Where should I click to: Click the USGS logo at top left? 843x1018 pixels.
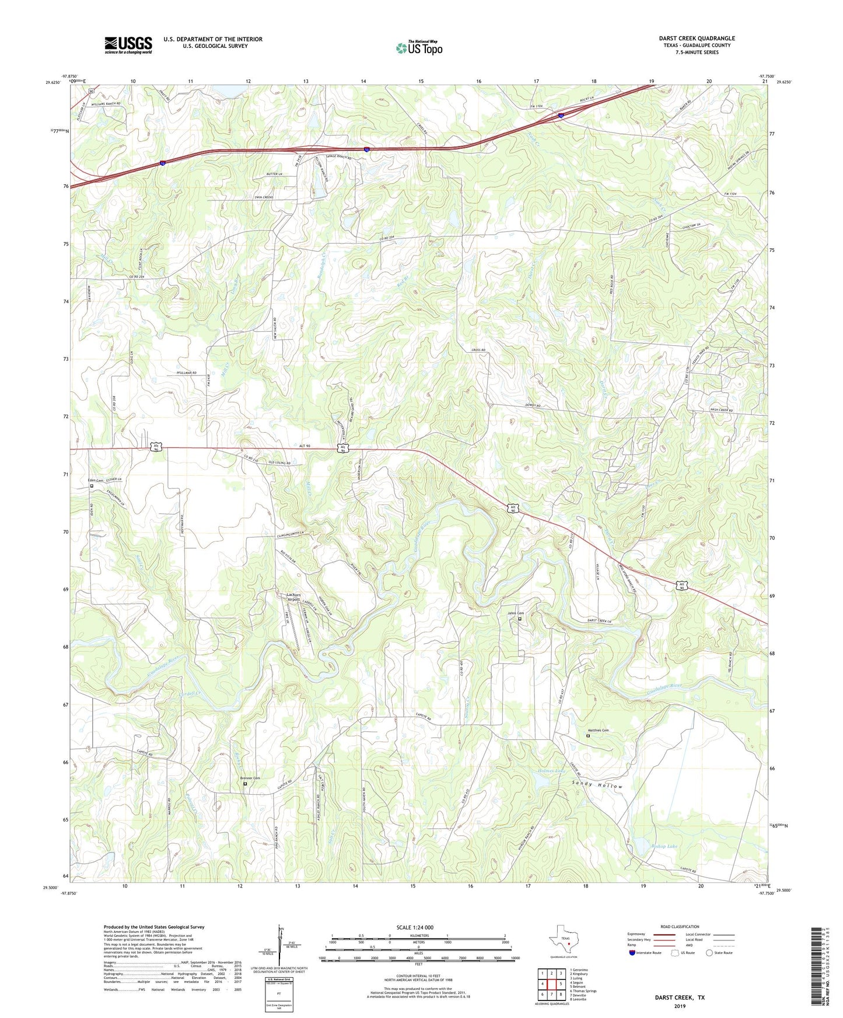pos(128,45)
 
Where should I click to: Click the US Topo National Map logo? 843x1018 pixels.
pos(419,48)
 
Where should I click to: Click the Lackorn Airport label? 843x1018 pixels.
pos(293,596)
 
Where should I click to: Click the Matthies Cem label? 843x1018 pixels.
pos(597,731)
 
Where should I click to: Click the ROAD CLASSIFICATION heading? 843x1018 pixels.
pos(680,926)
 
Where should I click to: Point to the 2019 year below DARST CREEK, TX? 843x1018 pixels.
pos(680,1006)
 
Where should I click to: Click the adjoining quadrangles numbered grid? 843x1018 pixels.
pos(551,984)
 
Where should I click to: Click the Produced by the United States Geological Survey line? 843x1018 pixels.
pos(154,927)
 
